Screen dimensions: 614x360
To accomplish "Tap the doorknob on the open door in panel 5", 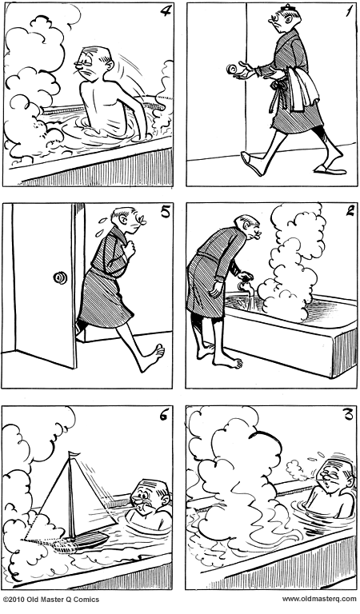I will tap(58, 278).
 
